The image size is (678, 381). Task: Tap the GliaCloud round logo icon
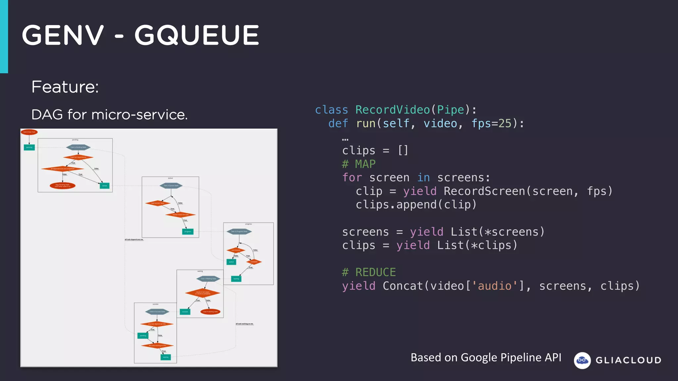(x=582, y=360)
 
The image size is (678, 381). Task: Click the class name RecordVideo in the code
(x=392, y=110)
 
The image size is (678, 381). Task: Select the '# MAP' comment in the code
(x=359, y=164)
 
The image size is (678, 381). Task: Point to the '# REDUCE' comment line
(x=369, y=272)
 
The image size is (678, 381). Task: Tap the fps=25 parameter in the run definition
(x=491, y=123)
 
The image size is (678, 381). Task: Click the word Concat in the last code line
(x=403, y=286)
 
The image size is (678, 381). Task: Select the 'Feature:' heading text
(x=65, y=87)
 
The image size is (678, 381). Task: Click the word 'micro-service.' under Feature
(x=139, y=115)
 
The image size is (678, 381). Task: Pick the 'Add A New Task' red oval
(x=29, y=132)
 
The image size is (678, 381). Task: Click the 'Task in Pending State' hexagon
(x=78, y=147)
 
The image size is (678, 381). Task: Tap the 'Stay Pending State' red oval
(x=63, y=186)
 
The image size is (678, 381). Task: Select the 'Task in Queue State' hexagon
(x=171, y=186)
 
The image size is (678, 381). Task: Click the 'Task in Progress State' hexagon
(x=239, y=232)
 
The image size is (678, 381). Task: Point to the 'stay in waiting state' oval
(x=210, y=312)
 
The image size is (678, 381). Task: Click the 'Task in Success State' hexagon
(x=157, y=312)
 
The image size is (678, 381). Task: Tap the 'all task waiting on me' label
(x=244, y=324)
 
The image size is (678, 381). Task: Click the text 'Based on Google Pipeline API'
(x=486, y=358)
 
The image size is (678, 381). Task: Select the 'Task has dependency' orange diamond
(x=78, y=157)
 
